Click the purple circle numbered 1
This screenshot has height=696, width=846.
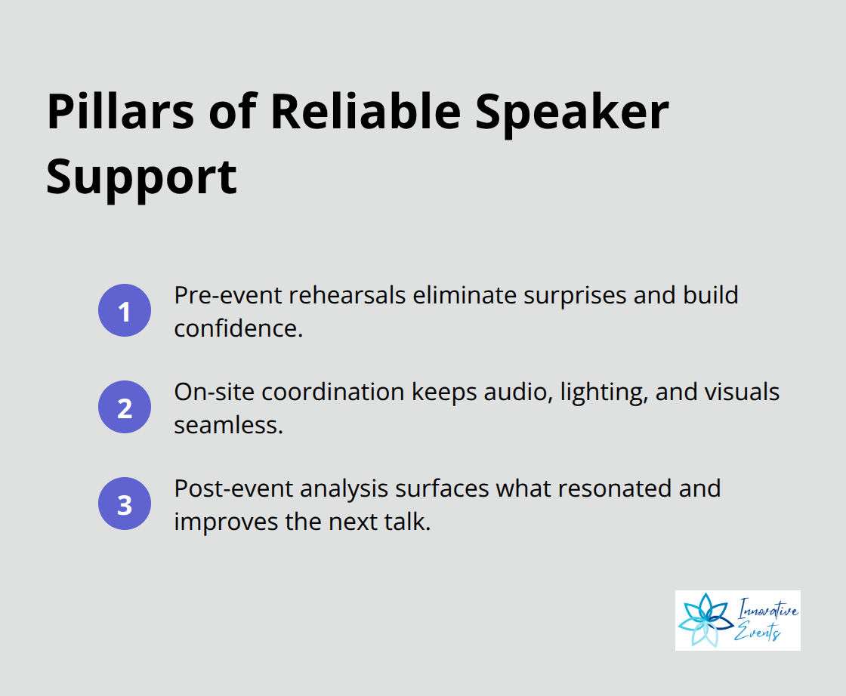(x=125, y=310)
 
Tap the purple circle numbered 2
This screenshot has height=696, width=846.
(x=125, y=407)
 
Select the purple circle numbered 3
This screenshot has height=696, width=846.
(x=125, y=504)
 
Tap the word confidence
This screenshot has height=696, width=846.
(x=238, y=328)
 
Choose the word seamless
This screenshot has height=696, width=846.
(x=228, y=425)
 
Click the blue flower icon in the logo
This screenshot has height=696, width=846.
(x=704, y=621)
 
